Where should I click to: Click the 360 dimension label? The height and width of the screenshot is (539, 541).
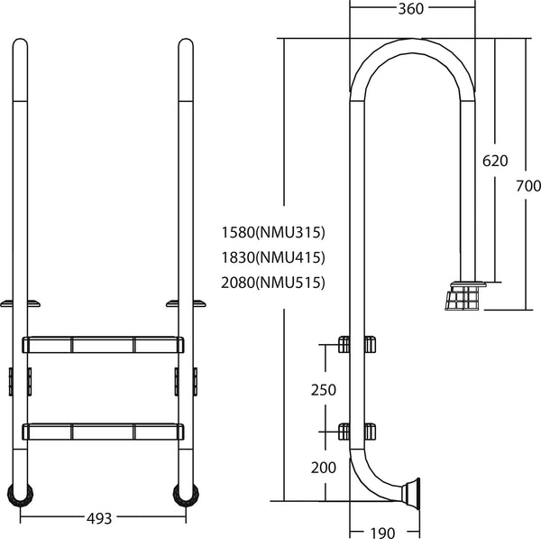(x=410, y=9)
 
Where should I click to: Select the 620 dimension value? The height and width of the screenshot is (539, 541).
(x=495, y=161)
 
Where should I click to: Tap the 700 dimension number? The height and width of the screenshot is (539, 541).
(x=528, y=186)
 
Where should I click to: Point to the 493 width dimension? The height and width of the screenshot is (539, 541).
(x=99, y=518)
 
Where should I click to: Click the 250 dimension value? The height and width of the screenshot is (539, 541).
(x=323, y=390)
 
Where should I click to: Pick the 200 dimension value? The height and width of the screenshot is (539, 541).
(x=323, y=467)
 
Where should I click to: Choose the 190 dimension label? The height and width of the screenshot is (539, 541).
(x=381, y=533)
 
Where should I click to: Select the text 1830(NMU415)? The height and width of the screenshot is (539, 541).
(x=272, y=256)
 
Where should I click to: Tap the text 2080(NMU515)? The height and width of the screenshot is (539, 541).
(x=272, y=283)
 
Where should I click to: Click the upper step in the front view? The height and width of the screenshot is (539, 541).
(x=103, y=345)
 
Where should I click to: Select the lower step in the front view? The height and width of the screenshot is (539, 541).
(x=103, y=431)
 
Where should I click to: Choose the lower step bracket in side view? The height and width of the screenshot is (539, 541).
(x=356, y=430)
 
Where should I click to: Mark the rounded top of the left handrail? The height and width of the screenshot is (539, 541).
(x=20, y=45)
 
